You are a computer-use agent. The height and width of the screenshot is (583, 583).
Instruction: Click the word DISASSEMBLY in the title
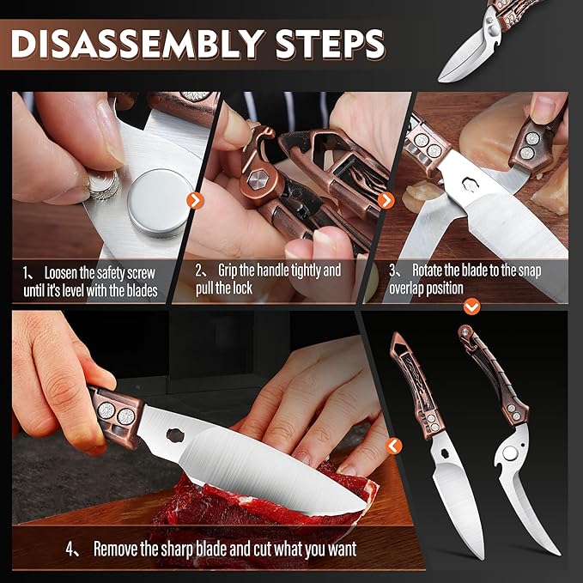coord(137,44)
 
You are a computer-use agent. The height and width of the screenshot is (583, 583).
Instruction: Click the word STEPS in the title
coord(330,44)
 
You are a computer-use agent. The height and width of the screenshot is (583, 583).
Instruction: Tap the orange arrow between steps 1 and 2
coord(195,200)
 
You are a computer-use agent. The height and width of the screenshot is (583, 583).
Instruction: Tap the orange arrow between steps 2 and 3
coord(386,200)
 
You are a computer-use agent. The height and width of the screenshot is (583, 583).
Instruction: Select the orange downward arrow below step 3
coord(472,307)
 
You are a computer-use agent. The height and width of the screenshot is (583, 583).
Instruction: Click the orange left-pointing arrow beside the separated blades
coord(394,446)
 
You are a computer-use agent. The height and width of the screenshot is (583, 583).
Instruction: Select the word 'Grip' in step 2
coord(228,270)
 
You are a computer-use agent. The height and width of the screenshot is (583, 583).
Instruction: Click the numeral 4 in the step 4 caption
coord(70,549)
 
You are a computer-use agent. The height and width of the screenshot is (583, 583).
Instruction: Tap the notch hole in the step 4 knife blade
coord(175,434)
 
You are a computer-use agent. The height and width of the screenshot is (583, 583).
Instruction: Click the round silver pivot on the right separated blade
coord(509,453)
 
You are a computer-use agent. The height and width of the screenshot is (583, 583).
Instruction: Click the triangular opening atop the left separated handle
coord(398,342)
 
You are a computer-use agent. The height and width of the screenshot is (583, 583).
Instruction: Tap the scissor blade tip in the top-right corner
coord(440,80)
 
